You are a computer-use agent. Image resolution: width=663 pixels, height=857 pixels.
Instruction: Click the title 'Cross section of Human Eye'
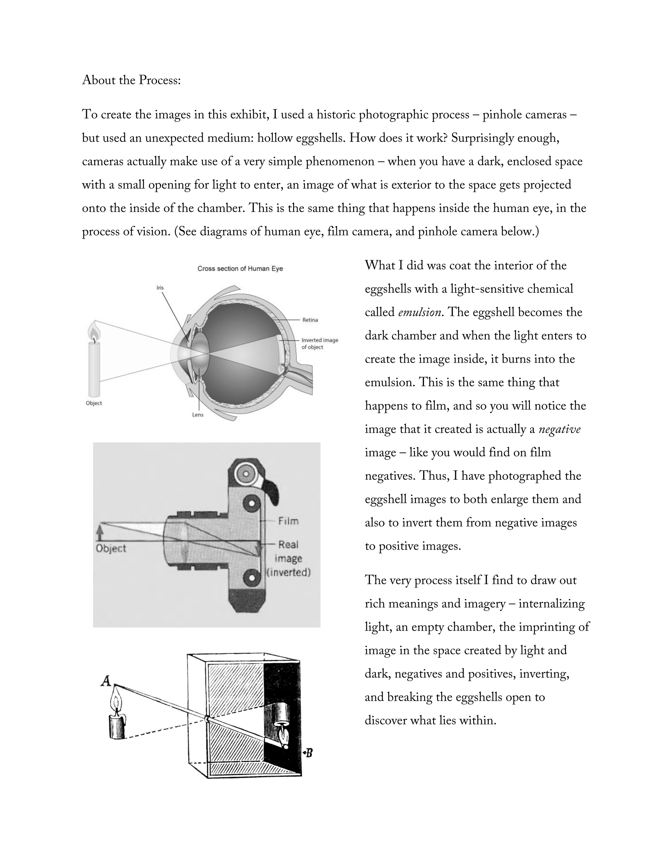point(240,269)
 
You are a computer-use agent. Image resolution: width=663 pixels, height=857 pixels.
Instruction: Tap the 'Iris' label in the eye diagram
point(160,288)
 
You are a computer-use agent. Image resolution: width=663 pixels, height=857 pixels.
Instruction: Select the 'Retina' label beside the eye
point(310,320)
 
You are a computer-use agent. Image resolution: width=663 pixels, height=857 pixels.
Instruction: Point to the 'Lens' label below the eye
point(198,415)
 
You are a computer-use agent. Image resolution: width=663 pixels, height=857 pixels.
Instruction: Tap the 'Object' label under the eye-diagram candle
point(94,403)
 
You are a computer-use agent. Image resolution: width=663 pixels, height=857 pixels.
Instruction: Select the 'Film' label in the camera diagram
point(288,521)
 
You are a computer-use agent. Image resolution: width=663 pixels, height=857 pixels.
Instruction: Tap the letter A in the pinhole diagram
point(105,681)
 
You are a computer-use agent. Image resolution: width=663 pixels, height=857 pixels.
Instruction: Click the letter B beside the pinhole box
point(308,753)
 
